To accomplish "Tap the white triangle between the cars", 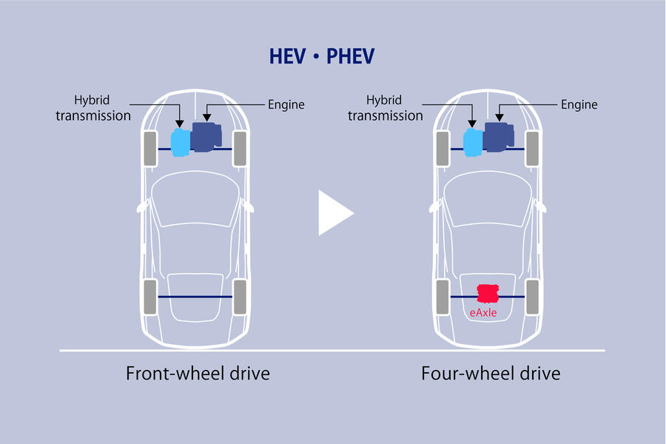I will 335,213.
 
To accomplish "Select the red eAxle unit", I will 487,294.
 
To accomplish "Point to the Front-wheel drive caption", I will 197,372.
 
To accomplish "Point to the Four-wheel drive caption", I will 491,372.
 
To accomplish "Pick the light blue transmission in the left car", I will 180,142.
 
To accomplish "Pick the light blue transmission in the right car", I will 473,142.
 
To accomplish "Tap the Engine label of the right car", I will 579,105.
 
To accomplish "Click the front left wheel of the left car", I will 150,148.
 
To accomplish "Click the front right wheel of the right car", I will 532,148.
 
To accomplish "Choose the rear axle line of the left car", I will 195,296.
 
